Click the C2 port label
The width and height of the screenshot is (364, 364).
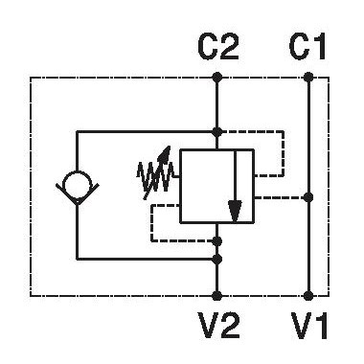pyautogui.click(x=218, y=48)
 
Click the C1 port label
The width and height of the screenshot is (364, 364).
pyautogui.click(x=307, y=48)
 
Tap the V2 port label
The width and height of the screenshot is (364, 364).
pyautogui.click(x=219, y=326)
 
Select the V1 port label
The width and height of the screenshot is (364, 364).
pyautogui.click(x=309, y=326)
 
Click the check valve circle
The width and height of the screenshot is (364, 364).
pyautogui.click(x=77, y=183)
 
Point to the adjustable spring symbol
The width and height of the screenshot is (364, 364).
pyautogui.click(x=156, y=175)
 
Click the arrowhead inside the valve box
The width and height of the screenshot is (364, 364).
pyautogui.click(x=235, y=211)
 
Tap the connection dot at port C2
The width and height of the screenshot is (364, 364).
pyautogui.click(x=217, y=78)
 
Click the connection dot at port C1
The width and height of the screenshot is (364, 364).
pyautogui.click(x=308, y=78)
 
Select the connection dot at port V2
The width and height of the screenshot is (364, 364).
pyautogui.click(x=217, y=296)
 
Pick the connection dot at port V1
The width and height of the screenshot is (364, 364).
pyautogui.click(x=308, y=296)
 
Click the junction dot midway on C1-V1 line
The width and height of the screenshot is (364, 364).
pyautogui.click(x=308, y=197)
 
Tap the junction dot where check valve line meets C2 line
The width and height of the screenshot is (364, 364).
pyautogui.click(x=217, y=131)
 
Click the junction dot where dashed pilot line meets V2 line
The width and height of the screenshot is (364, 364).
pyautogui.click(x=217, y=241)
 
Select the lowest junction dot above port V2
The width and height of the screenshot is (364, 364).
pyautogui.click(x=217, y=259)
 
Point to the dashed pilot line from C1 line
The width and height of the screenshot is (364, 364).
pyautogui.click(x=281, y=198)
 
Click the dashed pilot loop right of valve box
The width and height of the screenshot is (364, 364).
pyautogui.click(x=284, y=153)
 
